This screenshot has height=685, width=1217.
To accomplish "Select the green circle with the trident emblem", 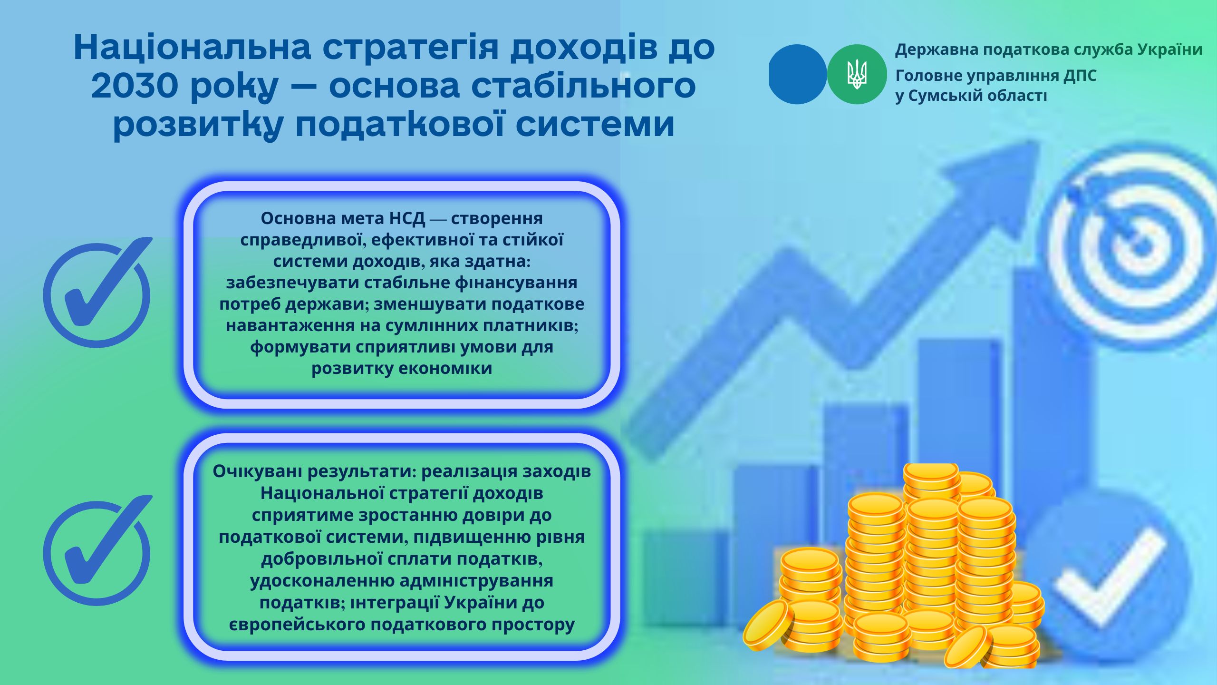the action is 857,74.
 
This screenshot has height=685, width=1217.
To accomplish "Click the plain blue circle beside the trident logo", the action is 797,74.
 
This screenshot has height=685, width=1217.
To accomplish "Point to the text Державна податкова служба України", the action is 1049,49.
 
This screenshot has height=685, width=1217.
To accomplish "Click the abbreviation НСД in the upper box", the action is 407,218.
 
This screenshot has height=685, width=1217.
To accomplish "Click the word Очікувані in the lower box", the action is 257,471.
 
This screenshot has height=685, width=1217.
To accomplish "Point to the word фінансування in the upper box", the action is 516,283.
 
